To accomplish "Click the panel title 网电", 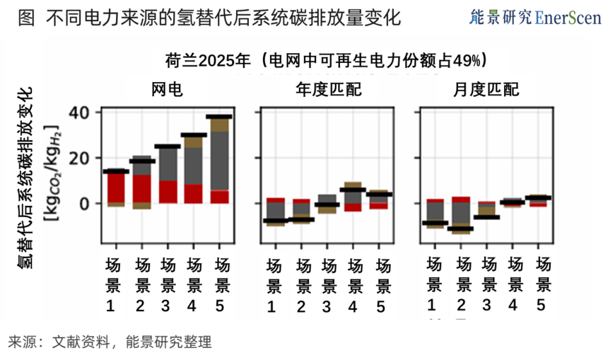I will (x=168, y=90).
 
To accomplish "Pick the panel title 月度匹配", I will (x=486, y=90).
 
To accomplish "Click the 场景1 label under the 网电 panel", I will (x=112, y=285).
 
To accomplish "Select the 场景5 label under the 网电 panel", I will (x=222, y=285).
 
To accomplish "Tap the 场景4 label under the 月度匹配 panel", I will (x=514, y=284).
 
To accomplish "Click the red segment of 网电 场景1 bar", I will (x=115, y=188).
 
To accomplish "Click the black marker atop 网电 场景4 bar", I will (x=193, y=135).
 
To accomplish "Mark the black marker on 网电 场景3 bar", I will (x=167, y=147).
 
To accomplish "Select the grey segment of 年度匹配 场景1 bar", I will (x=275, y=211).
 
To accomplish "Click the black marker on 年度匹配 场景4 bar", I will (x=353, y=190).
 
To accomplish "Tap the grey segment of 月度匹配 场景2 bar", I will (x=461, y=214).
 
